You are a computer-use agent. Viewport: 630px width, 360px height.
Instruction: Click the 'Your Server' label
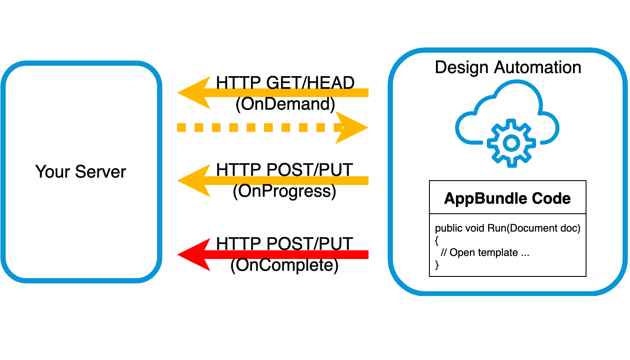tap(80, 172)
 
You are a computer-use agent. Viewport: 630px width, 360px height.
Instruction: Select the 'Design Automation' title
tap(508, 67)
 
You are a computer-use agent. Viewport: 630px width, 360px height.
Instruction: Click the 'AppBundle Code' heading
tap(507, 199)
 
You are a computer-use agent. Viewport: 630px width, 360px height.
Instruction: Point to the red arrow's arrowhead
tap(194, 255)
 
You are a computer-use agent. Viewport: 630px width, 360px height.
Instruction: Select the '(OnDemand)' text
tap(285, 104)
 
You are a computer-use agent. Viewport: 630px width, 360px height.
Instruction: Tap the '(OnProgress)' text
tap(285, 192)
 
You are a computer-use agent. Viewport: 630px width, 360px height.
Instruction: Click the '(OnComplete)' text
tap(285, 266)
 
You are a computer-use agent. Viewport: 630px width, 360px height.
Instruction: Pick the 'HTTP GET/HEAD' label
tap(285, 83)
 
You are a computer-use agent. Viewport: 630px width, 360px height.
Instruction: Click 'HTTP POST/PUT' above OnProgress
tap(285, 170)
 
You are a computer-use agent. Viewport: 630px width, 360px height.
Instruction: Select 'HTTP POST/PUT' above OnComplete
tap(285, 244)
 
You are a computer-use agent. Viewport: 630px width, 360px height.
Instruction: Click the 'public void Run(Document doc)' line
tap(507, 229)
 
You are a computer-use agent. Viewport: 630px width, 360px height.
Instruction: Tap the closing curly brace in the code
tap(437, 265)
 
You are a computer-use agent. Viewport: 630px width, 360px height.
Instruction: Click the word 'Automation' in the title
tap(538, 67)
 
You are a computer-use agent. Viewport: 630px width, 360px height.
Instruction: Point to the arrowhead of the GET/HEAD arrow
tap(194, 92)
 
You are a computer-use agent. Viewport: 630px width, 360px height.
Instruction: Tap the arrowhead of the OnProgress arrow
tap(194, 181)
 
